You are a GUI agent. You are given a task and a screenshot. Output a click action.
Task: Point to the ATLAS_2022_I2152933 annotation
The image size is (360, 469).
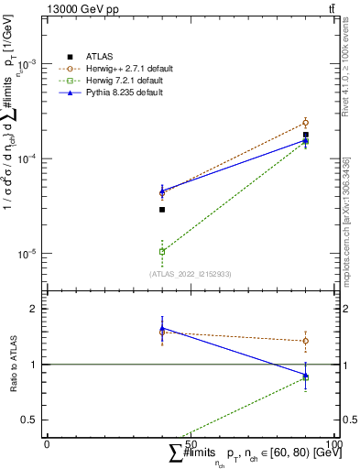[191, 273]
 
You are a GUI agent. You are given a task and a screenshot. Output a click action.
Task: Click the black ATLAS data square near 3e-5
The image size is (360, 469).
[162, 210]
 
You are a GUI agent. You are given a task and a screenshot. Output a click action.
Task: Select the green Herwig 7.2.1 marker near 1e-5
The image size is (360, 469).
[162, 251]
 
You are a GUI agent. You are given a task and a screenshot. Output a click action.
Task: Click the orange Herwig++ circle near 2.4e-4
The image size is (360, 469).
[306, 123]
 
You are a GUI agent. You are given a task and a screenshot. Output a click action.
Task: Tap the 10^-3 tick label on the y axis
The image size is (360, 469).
[31, 65]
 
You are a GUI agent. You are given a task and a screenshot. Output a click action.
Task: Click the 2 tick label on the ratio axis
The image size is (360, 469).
[37, 309]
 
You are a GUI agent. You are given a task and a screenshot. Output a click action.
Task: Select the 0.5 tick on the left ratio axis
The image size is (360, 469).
[33, 420]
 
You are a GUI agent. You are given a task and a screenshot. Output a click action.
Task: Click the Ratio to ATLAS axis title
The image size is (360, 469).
[12, 365]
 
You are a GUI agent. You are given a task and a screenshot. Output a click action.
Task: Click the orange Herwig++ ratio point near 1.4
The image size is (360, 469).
[306, 341]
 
